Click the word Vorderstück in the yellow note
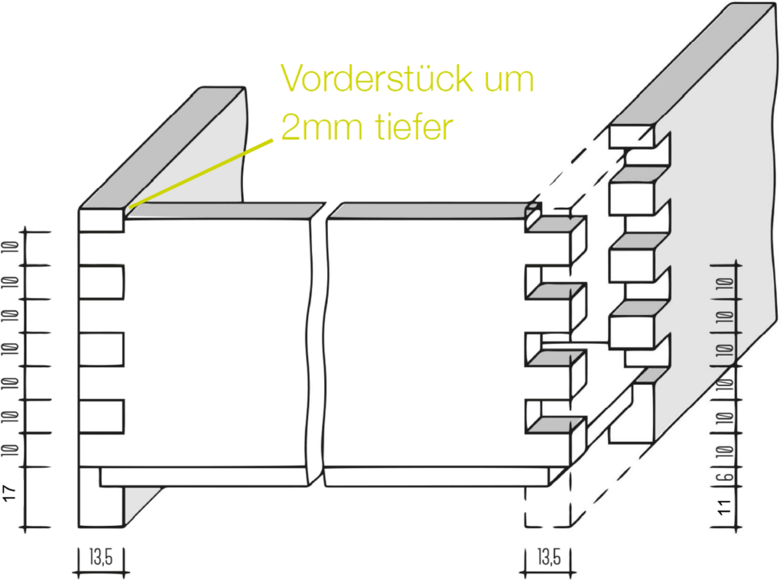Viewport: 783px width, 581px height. pyautogui.click(x=376, y=78)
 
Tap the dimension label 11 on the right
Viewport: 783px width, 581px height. pyautogui.click(x=725, y=506)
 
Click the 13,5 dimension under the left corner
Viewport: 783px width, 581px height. pyautogui.click(x=102, y=557)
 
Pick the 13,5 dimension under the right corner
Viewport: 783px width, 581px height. pyautogui.click(x=549, y=557)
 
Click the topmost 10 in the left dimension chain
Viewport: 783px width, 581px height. pyautogui.click(x=11, y=247)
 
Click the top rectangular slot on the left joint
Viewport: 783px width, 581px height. pyautogui.click(x=102, y=283)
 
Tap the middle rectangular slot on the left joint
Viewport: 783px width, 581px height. pyautogui.click(x=102, y=349)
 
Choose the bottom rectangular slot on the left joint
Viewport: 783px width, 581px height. pyautogui.click(x=102, y=417)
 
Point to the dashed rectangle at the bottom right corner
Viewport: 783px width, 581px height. pyautogui.click(x=547, y=506)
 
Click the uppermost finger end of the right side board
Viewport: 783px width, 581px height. pyautogui.click(x=631, y=136)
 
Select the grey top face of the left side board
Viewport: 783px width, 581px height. pyautogui.click(x=162, y=148)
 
